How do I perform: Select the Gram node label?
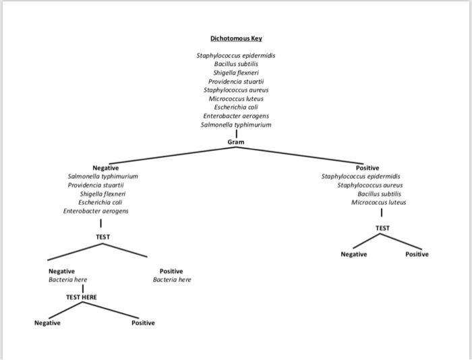point(235,142)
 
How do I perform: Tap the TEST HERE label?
point(81,297)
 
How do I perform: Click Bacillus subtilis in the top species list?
point(235,63)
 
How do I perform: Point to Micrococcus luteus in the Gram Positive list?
point(379,202)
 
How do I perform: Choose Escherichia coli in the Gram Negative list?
point(100,202)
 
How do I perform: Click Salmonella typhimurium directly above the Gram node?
point(235,125)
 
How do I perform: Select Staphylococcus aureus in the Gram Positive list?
point(372,185)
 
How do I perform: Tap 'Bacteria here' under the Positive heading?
point(172,280)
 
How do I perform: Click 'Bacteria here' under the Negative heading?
point(67,280)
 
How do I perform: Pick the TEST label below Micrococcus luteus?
point(382,229)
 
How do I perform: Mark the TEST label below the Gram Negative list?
point(102,237)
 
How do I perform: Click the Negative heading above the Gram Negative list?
point(105,168)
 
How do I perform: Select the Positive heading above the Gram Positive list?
point(367,168)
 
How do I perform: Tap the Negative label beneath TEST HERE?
point(47,323)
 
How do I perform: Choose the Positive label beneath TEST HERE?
point(143,323)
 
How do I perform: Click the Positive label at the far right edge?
point(416,254)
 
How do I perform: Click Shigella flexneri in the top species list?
point(235,72)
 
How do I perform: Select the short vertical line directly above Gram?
point(235,133)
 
